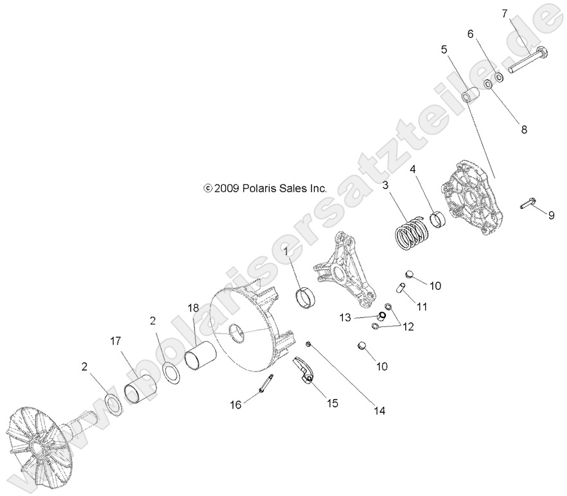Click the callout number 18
click(193, 308)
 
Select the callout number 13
click(345, 317)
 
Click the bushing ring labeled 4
click(438, 220)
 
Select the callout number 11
click(421, 308)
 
